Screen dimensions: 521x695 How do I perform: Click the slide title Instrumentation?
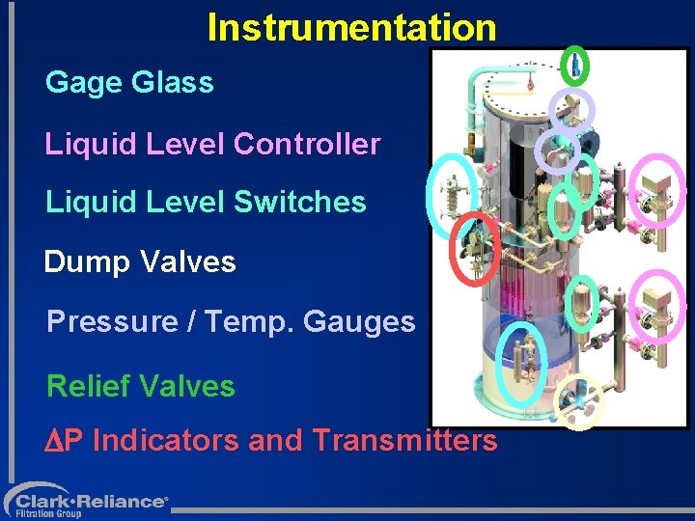pyautogui.click(x=351, y=27)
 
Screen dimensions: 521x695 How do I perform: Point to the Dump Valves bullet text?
pyautogui.click(x=140, y=261)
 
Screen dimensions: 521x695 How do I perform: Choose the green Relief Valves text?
pyautogui.click(x=141, y=386)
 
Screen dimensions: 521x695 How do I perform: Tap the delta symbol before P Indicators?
pyautogui.click(x=54, y=441)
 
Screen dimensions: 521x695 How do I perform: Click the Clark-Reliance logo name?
pyautogui.click(x=91, y=501)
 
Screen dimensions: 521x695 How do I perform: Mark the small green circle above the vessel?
pyautogui.click(x=574, y=66)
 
